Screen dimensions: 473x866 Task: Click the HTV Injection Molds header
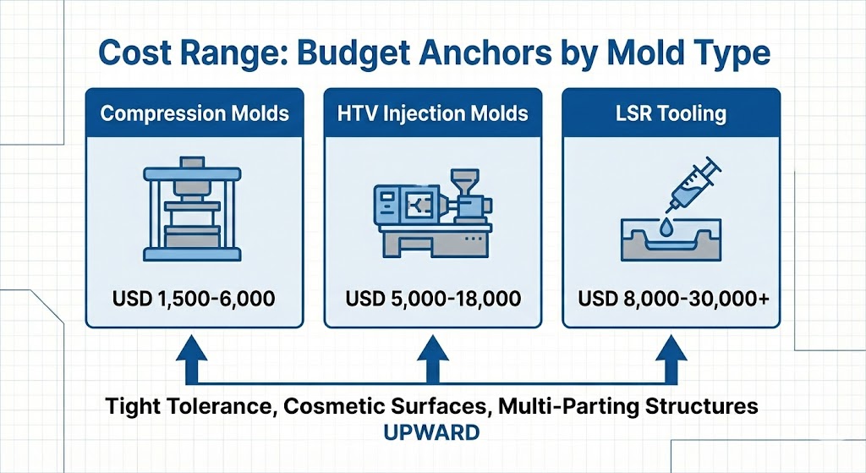(x=433, y=113)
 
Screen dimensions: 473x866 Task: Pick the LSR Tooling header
(x=671, y=113)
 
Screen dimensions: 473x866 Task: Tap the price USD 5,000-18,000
(x=433, y=299)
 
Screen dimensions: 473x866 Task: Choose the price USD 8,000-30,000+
(x=671, y=299)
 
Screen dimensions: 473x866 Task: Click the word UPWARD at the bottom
(x=431, y=432)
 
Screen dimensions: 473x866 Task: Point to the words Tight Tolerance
(x=189, y=406)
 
